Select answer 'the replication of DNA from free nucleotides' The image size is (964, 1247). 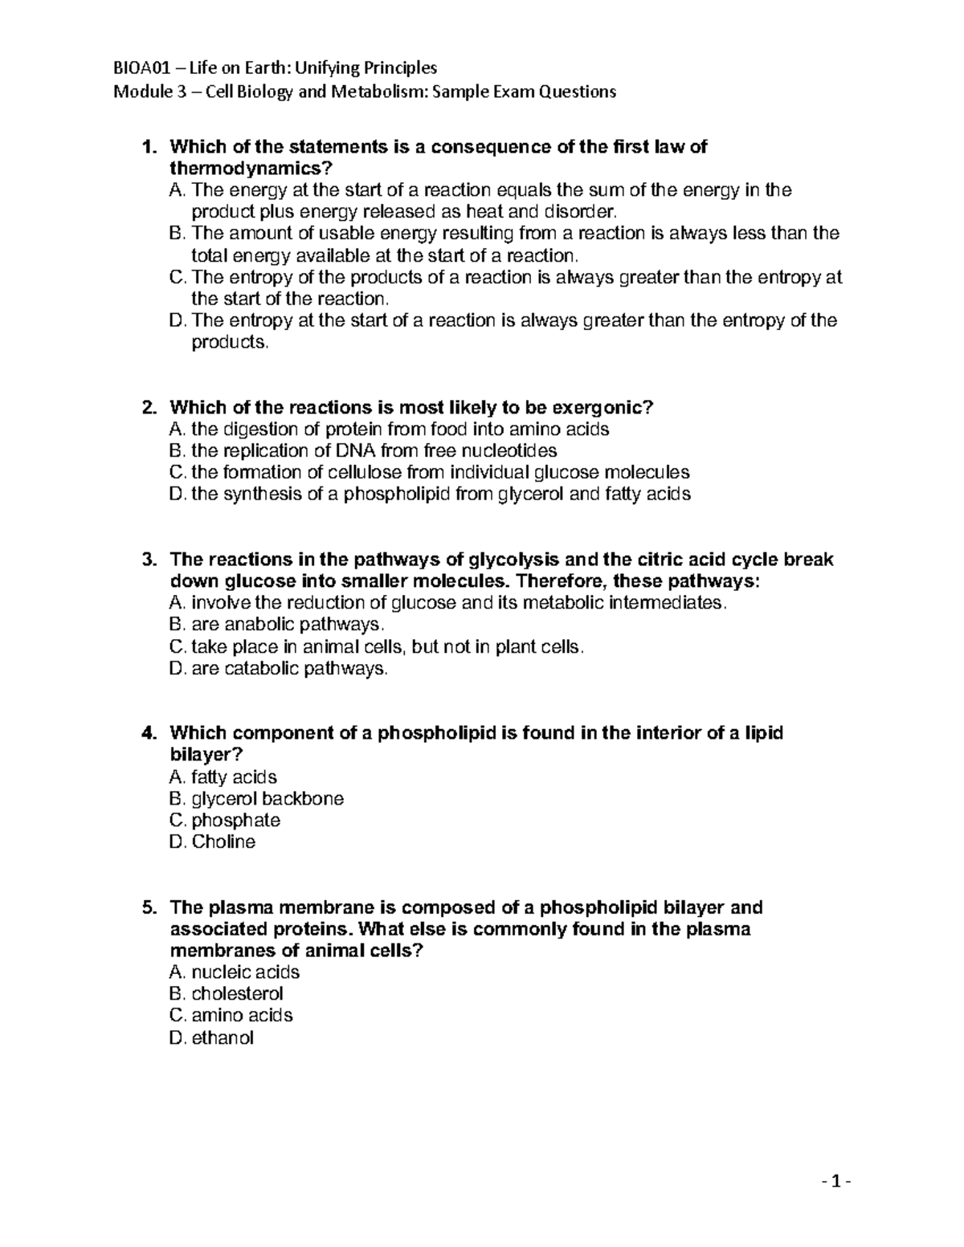click(374, 450)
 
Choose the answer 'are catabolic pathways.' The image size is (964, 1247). click(289, 668)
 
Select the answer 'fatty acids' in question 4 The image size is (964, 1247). click(234, 777)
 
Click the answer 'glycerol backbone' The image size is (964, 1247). click(268, 799)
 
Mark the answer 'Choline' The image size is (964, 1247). click(223, 842)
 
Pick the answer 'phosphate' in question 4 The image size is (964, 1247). click(235, 821)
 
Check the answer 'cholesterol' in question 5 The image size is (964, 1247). click(237, 994)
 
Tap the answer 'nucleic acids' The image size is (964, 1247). click(245, 972)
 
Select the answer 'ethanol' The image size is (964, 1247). click(223, 1037)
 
